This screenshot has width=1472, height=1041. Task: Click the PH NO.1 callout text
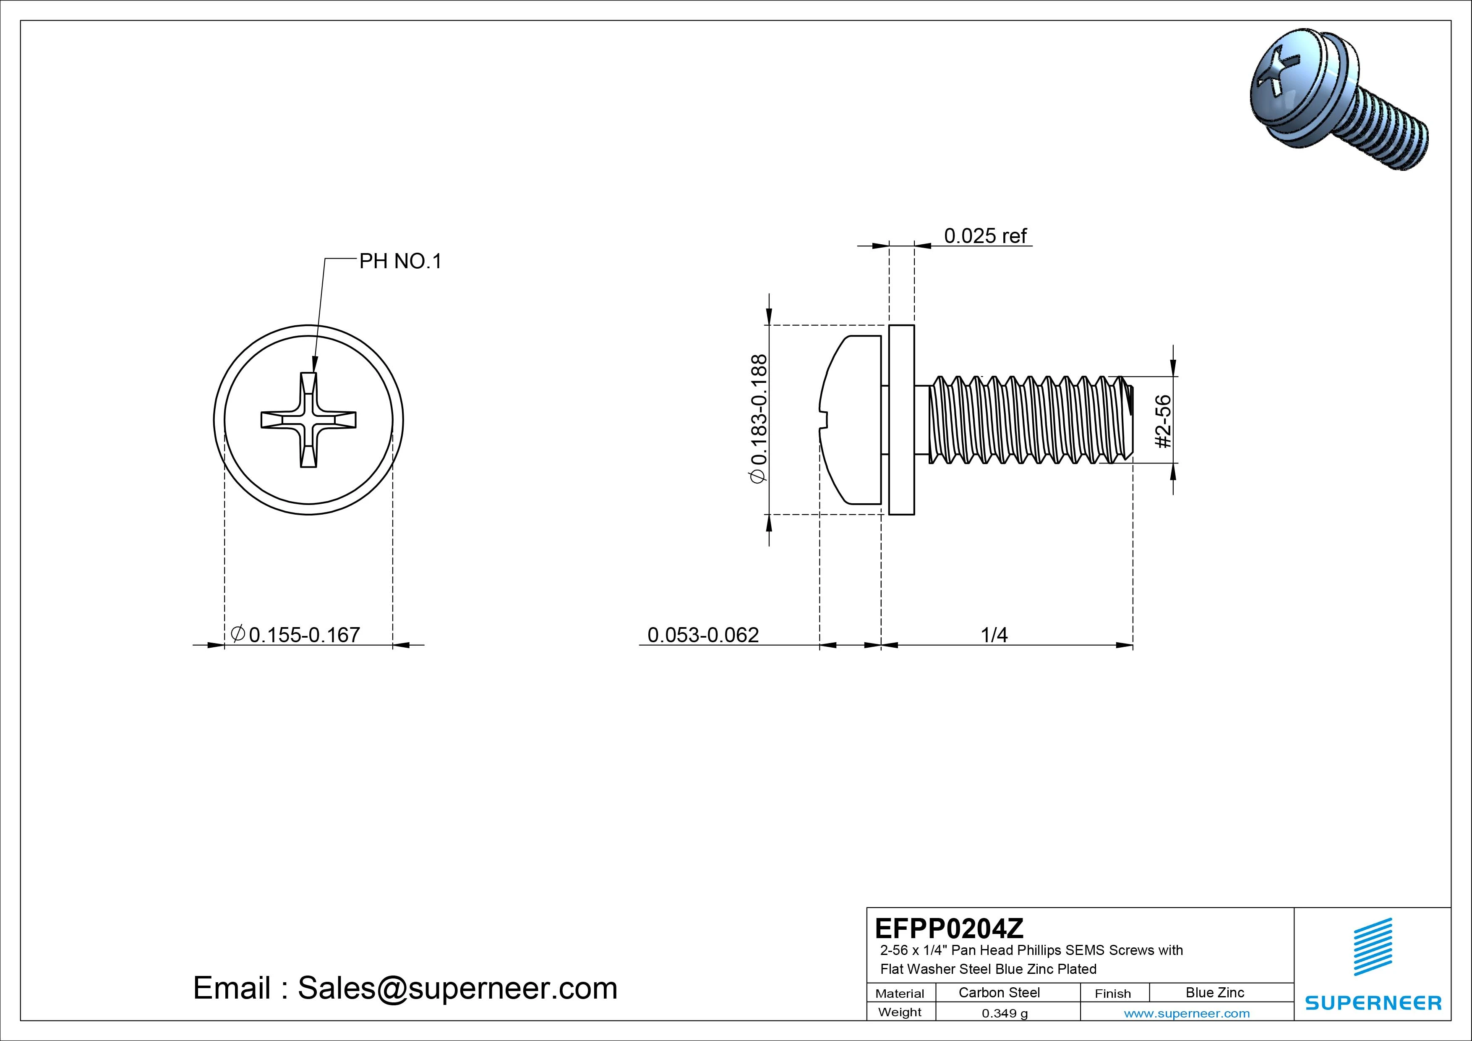pos(400,262)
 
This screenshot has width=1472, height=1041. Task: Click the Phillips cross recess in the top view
pos(308,420)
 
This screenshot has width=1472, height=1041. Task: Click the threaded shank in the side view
pos(1026,420)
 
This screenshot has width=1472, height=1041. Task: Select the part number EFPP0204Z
pos(949,928)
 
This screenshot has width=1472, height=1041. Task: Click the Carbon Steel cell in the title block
pos(999,992)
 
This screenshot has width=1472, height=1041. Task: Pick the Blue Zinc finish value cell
pos(1214,992)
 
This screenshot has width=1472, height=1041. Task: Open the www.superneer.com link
pos(1186,1013)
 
